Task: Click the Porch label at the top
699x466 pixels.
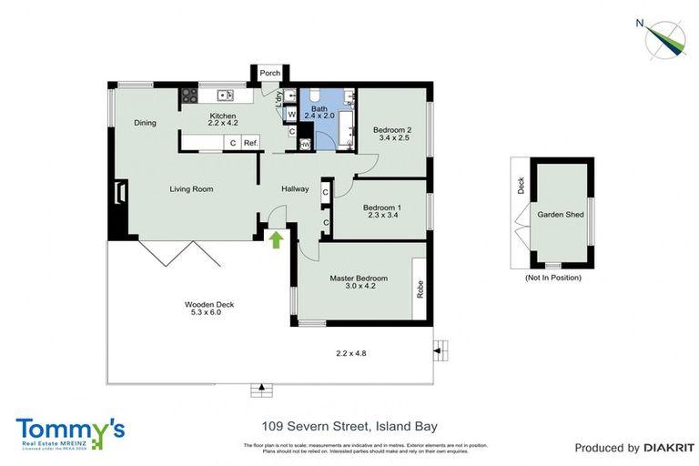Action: (269, 74)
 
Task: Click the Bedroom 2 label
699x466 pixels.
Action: (393, 130)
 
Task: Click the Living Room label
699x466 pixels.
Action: (191, 189)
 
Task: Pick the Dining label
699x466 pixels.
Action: (146, 123)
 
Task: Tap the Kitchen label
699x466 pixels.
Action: (223, 116)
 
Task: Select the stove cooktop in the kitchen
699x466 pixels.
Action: (190, 94)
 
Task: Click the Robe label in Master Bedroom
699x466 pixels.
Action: (420, 289)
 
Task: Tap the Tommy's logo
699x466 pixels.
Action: (70, 431)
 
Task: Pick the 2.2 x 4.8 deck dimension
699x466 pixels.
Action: (351, 353)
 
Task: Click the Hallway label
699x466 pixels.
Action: (295, 189)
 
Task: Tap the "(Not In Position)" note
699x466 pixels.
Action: (553, 278)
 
